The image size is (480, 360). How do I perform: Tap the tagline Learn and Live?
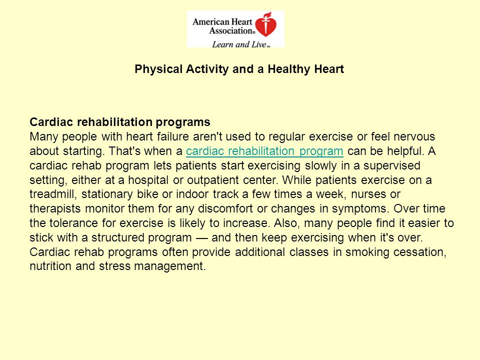pyautogui.click(x=239, y=44)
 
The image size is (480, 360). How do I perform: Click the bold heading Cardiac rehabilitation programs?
pyautogui.click(x=120, y=122)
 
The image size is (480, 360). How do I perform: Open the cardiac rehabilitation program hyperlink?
pyautogui.click(x=264, y=151)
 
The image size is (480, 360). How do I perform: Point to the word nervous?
pyautogui.click(x=414, y=137)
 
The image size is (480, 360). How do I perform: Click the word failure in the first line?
pyautogui.click(x=173, y=136)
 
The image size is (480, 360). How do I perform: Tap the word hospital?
pyautogui.click(x=148, y=180)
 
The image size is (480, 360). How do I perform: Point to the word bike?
pyautogui.click(x=147, y=194)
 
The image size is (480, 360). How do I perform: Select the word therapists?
pyautogui.click(x=55, y=209)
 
